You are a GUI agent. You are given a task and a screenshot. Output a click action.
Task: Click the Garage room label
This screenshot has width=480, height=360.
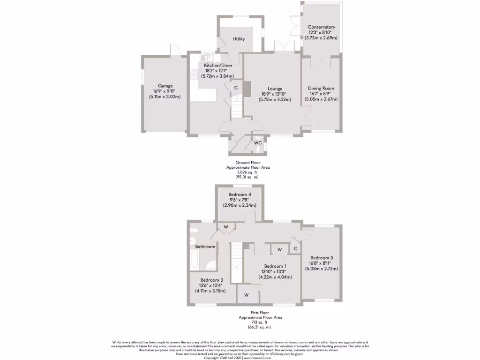point(165,86)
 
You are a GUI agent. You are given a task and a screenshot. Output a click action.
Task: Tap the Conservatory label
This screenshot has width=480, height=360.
point(321,27)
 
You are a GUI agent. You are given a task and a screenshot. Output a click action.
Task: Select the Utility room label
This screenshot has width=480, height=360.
point(239,39)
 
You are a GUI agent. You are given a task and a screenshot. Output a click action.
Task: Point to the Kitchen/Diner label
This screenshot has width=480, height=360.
point(216,65)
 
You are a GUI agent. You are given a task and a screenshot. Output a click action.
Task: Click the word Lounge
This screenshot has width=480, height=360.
point(275,88)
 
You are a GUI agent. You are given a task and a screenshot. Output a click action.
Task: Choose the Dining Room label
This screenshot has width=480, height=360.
point(321,88)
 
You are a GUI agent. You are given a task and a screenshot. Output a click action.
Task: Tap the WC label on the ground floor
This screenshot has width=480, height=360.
point(258,142)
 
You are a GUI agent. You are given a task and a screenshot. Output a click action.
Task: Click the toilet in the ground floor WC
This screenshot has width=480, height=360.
point(259,150)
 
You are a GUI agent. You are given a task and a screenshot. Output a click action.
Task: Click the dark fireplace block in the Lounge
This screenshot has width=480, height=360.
point(248,89)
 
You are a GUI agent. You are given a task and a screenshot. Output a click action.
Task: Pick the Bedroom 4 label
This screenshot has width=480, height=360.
point(240,195)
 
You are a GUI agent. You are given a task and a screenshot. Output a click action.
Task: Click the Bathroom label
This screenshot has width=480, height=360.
point(205,247)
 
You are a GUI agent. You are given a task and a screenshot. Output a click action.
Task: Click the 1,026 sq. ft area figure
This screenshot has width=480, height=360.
point(247,172)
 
